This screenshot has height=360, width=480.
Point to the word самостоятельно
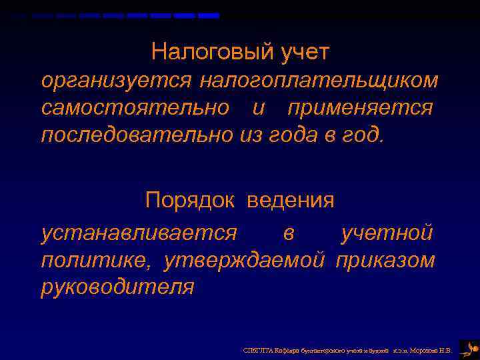[x=135, y=107]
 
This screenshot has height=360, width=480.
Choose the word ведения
[x=291, y=200]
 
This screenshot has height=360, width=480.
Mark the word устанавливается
[x=139, y=233]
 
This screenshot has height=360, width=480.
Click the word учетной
[x=387, y=233]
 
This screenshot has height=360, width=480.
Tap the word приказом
[x=385, y=259]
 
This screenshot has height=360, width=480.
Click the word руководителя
[x=117, y=287]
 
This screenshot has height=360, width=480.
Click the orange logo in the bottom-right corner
[x=469, y=349]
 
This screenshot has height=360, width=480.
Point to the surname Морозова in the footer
[x=426, y=350]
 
